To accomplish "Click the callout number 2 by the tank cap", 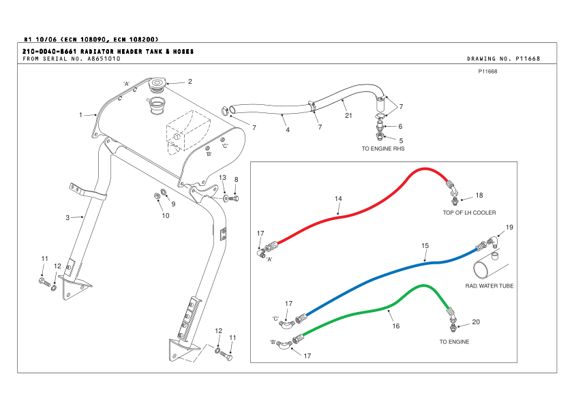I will click(190, 81).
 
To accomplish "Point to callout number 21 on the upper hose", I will click(348, 115).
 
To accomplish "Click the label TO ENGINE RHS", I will click(382, 148).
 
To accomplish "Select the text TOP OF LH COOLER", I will click(469, 213).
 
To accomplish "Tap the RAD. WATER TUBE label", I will click(489, 286).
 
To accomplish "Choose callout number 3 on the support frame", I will click(67, 218).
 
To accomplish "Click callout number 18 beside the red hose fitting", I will click(479, 196).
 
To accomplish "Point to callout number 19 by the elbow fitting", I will click(509, 226).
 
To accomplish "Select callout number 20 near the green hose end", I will click(476, 322).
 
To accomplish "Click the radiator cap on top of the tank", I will click(157, 84).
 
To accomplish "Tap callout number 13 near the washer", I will click(222, 177).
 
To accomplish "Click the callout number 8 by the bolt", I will click(237, 180).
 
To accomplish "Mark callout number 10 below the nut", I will click(165, 216).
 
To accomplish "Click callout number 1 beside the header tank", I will click(80, 114).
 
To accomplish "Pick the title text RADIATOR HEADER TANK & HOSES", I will click(137, 52).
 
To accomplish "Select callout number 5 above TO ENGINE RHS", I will click(401, 140).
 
